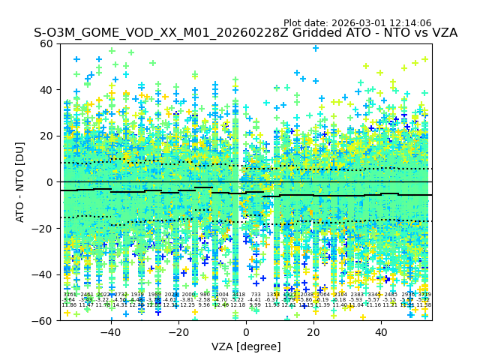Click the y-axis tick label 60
pyautogui.click(x=47, y=43)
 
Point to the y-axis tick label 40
pyautogui.click(x=47, y=90)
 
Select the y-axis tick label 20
pyautogui.click(x=47, y=136)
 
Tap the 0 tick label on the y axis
pyautogui.click(x=50, y=182)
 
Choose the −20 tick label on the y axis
pyautogui.click(x=44, y=229)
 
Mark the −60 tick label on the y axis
pyautogui.click(x=44, y=321)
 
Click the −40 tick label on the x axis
pyautogui.click(x=110, y=332)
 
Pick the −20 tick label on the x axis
pyautogui.click(x=178, y=332)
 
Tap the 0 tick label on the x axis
pyautogui.click(x=246, y=332)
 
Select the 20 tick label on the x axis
pyautogui.click(x=313, y=332)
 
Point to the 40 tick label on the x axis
pyautogui.click(x=381, y=332)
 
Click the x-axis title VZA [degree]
pyautogui.click(x=246, y=346)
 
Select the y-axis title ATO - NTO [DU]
pyautogui.click(x=21, y=182)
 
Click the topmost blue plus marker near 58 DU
pyautogui.click(x=316, y=48)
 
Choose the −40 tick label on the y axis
pyautogui.click(x=44, y=274)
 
